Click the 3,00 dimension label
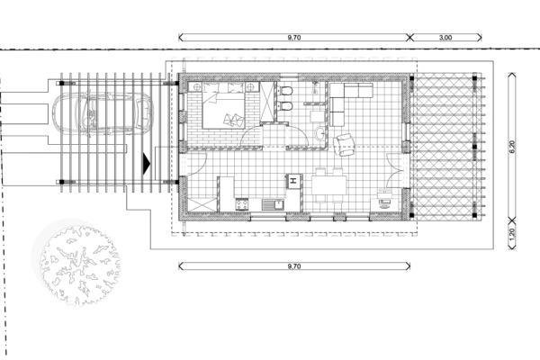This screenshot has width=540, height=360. pyautogui.click(x=445, y=38)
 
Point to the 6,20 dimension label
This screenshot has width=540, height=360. pyautogui.click(x=512, y=147)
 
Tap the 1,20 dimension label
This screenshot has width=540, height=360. pyautogui.click(x=512, y=234)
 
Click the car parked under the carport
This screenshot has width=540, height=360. pyautogui.click(x=103, y=112)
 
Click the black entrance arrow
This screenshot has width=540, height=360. pyautogui.click(x=147, y=164)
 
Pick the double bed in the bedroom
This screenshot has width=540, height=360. pyautogui.click(x=223, y=106)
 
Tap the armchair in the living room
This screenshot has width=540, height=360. pyautogui.click(x=345, y=144)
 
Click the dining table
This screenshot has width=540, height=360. pyautogui.click(x=328, y=185)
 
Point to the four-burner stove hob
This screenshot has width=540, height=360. pyautogui.click(x=241, y=204)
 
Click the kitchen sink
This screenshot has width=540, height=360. pyautogui.click(x=273, y=204)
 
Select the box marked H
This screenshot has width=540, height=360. pyautogui.click(x=293, y=181)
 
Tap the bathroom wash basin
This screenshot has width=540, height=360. pyautogui.click(x=320, y=132)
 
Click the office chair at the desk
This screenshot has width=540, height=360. pyautogui.click(x=384, y=203)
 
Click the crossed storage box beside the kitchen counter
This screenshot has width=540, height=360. pyautogui.click(x=202, y=205)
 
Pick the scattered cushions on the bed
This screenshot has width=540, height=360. pyautogui.click(x=233, y=119)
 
